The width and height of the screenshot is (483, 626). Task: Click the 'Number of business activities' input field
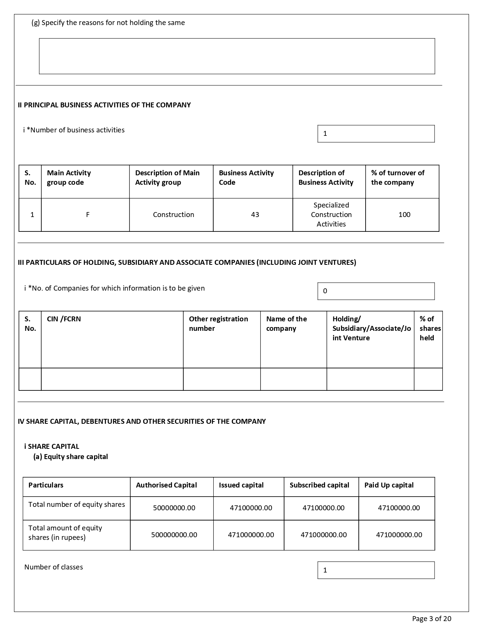click(x=376, y=134)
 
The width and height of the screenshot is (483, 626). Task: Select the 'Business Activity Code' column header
click(x=246, y=178)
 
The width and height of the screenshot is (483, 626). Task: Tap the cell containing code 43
click(x=255, y=215)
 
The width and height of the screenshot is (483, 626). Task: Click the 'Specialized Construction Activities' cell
click(x=331, y=215)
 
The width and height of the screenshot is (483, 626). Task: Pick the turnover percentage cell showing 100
click(x=404, y=215)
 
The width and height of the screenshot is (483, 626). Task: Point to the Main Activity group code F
click(x=88, y=215)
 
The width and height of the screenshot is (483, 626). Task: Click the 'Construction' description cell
click(x=174, y=215)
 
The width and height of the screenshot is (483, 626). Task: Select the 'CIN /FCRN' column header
click(x=64, y=319)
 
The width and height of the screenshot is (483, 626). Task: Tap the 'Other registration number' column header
click(x=218, y=324)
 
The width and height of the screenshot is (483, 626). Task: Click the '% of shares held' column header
click(x=430, y=328)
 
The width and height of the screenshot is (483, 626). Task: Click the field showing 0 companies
click(x=376, y=291)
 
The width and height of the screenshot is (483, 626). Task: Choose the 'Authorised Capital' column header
click(x=166, y=485)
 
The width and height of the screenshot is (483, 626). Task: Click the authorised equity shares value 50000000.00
click(x=174, y=508)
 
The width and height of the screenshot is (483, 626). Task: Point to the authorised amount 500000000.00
click(x=174, y=535)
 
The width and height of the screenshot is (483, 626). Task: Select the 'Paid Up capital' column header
click(x=389, y=485)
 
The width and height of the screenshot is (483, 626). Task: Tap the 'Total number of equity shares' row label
click(x=77, y=505)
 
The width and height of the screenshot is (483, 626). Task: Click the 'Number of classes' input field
click(x=376, y=570)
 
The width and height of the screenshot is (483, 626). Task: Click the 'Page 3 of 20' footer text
click(x=431, y=619)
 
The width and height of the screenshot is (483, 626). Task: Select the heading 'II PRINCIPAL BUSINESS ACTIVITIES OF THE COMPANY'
click(x=104, y=105)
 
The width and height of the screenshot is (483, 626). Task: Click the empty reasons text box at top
click(x=237, y=56)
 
